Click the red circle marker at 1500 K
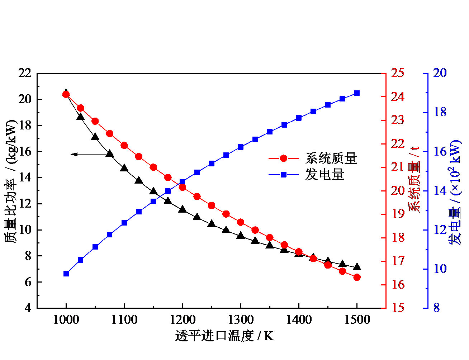click(357, 277)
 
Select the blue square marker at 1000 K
click(66, 274)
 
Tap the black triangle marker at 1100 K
click(124, 168)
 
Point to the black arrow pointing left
click(88, 154)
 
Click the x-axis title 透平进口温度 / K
click(224, 336)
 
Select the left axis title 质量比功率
click(11, 181)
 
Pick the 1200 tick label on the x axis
click(182, 319)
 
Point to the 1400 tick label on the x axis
click(299, 319)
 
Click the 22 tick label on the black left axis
click(25, 73)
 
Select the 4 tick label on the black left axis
click(28, 308)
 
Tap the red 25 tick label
click(397, 73)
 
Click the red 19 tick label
click(397, 214)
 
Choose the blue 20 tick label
click(440, 73)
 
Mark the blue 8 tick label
click(436, 308)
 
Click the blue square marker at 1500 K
click(357, 93)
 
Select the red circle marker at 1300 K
click(241, 222)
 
